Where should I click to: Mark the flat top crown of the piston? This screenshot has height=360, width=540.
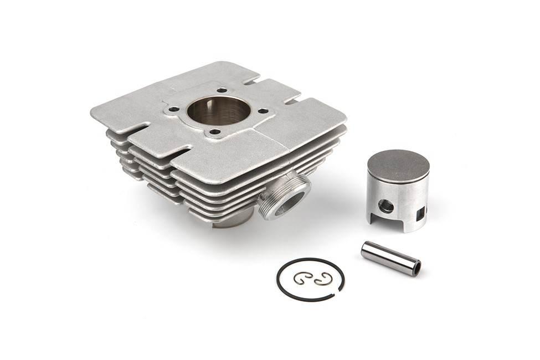pyautogui.click(x=398, y=166)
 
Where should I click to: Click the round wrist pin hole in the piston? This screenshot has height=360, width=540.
pyautogui.click(x=386, y=207)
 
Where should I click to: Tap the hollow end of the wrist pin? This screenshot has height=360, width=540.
pyautogui.click(x=415, y=269)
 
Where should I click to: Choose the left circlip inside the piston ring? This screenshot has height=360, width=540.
pyautogui.click(x=301, y=279)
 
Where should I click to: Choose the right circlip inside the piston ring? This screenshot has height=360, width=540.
pyautogui.click(x=322, y=280)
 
